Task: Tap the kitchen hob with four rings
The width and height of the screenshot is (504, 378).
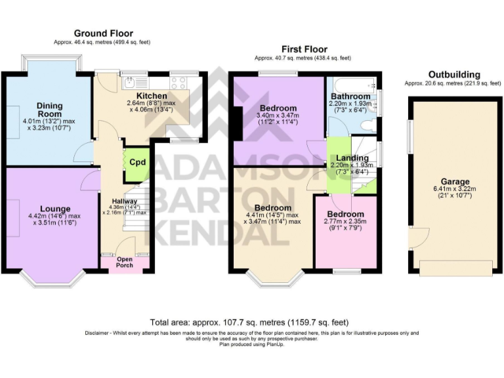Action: (x=178, y=83)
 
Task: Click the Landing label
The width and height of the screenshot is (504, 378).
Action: (x=352, y=157)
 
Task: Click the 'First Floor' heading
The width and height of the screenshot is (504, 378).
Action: (x=304, y=49)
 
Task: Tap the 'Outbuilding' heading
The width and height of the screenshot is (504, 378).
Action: (x=453, y=74)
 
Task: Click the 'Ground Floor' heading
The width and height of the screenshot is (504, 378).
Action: (x=103, y=33)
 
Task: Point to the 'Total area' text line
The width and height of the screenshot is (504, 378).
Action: (x=249, y=322)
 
